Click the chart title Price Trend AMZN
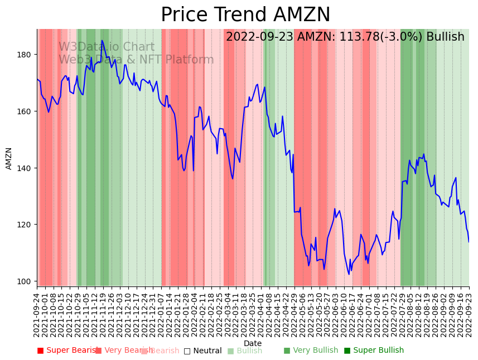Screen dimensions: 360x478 point(245,15)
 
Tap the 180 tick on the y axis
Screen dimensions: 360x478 point(26,55)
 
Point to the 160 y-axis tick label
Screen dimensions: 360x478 point(26,111)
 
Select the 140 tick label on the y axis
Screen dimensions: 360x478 point(26,168)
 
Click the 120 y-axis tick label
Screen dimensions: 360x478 point(26,225)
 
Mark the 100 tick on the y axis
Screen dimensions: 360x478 point(26,281)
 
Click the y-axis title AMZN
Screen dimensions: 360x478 point(9,158)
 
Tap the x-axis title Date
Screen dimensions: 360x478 point(253,343)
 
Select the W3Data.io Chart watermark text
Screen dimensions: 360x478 point(107,47)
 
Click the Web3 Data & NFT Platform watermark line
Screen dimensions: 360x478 point(136,60)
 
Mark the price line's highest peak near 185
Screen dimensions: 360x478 point(102,41)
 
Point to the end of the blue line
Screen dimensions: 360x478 point(469,242)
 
